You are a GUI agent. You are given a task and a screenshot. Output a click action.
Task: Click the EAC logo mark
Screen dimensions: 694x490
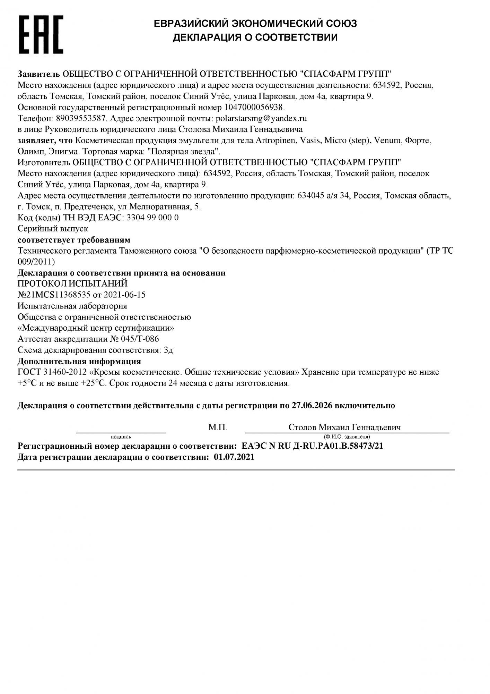click(41, 34)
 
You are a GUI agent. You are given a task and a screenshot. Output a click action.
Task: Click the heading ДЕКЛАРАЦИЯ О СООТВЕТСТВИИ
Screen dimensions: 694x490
click(255, 37)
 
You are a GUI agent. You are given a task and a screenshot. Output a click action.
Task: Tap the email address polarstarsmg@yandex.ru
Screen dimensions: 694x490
click(261, 118)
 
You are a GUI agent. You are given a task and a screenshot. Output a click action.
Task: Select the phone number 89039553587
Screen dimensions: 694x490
click(80, 118)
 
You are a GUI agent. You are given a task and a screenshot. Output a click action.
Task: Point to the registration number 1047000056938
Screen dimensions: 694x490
click(254, 107)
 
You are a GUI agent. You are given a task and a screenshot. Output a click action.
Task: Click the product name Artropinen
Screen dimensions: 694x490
click(275, 140)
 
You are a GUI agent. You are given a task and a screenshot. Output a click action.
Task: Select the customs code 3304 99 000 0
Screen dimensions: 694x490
click(153, 218)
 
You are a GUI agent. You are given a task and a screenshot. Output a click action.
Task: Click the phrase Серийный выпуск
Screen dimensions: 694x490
click(53, 229)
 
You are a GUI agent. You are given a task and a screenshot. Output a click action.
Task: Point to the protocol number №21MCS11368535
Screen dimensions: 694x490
click(54, 295)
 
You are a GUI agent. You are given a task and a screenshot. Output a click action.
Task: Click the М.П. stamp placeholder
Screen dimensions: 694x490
click(218, 428)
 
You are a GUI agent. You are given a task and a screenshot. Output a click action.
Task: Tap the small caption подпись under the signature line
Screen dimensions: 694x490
click(121, 437)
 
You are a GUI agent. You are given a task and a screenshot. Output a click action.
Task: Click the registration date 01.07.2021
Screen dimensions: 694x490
click(234, 457)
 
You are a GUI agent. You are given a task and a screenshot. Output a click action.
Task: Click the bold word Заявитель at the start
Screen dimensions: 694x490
click(38, 74)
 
